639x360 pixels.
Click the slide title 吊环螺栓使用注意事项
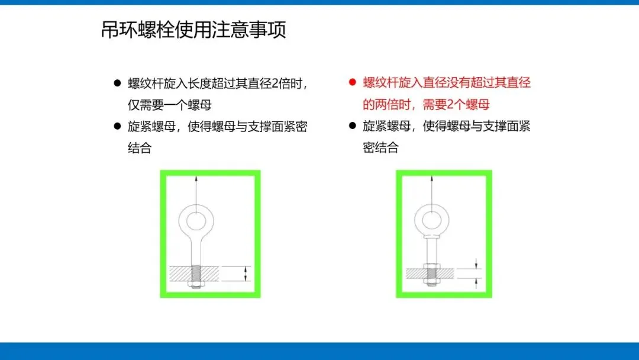193,30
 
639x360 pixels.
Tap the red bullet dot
353,82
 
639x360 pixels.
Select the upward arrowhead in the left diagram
196,179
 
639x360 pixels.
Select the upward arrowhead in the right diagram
431,179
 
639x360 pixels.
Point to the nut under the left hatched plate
196,284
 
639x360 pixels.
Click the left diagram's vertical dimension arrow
246,274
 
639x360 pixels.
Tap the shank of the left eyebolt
196,253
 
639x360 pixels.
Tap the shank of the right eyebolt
431,250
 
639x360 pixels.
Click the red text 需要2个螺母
456,104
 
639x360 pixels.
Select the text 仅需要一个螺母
170,105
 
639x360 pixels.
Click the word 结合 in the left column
140,147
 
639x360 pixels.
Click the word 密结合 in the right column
380,147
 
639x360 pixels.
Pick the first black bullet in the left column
117,83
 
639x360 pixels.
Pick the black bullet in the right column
353,126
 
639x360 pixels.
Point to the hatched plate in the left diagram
194,274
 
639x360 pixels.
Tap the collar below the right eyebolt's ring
431,236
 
